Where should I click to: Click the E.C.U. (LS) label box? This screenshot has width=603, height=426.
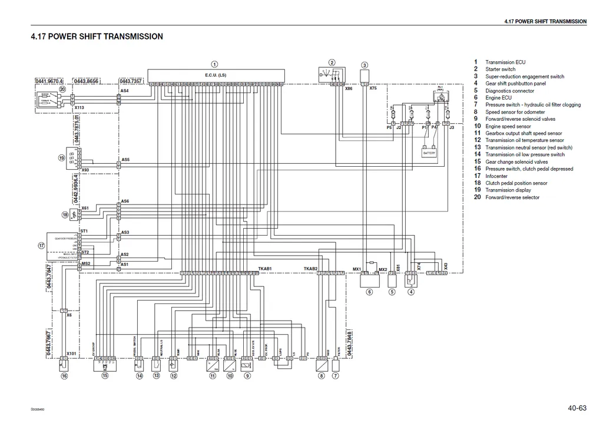click(216, 75)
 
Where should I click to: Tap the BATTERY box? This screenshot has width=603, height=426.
click(429, 153)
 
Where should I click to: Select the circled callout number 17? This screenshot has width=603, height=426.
click(41, 245)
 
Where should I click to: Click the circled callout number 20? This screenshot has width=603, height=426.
click(62, 89)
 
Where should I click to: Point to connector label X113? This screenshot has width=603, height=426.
click(79, 108)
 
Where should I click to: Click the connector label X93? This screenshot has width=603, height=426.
click(85, 170)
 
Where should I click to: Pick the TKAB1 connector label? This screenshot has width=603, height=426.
click(264, 269)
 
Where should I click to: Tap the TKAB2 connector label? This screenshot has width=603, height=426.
click(310, 269)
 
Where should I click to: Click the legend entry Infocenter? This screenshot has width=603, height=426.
click(496, 176)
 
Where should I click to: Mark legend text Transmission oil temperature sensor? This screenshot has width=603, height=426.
click(524, 140)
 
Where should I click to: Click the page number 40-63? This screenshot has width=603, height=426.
click(577, 407)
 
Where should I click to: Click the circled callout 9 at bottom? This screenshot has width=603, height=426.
click(247, 375)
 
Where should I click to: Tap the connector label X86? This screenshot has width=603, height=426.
click(349, 88)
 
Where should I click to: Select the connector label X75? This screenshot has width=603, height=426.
click(373, 88)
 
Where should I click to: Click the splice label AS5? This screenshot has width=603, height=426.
click(125, 160)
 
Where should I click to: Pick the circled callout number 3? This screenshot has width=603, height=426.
click(365, 65)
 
